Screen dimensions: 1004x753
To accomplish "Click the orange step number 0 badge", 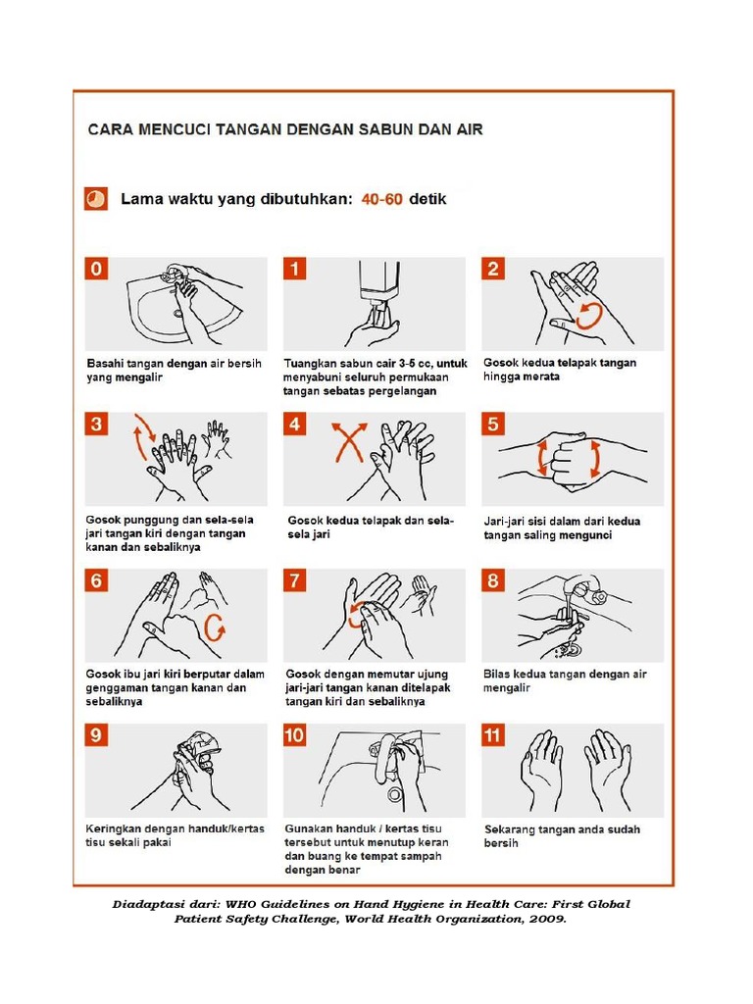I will (96, 269).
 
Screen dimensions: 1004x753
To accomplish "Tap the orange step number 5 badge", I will (493, 425).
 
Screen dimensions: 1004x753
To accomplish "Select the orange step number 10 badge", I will (295, 735).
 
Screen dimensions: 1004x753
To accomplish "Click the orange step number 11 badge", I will (493, 735).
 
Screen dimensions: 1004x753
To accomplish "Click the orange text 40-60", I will (381, 199).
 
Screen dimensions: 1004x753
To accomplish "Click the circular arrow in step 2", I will (589, 316).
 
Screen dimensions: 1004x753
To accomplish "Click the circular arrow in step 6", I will (214, 627).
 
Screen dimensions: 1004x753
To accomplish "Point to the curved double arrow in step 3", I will (143, 435).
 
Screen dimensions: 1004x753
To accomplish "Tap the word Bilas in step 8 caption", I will (497, 675).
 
